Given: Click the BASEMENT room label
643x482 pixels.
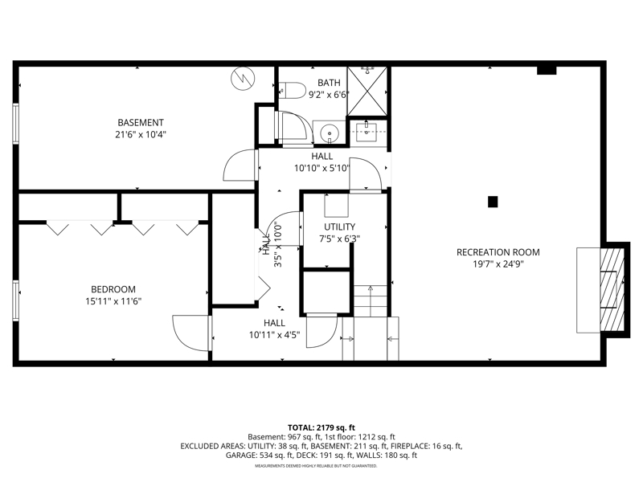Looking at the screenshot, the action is coord(140,123).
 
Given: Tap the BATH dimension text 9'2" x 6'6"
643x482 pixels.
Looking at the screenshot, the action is coord(329,95).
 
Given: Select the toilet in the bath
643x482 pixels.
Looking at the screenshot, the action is coord(293,90).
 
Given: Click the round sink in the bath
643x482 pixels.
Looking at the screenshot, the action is coord(330,133).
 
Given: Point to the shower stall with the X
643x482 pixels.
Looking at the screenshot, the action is coord(367,91).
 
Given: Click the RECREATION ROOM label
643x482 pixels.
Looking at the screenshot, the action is coord(498,252).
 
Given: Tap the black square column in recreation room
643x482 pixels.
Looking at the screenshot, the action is coord(493,202).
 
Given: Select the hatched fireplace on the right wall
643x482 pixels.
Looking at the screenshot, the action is coord(612,290).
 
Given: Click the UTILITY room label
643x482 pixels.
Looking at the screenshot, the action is coord(339,227).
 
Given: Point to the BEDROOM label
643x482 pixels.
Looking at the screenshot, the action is coord(113,289).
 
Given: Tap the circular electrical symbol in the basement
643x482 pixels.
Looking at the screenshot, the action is coord(243,78).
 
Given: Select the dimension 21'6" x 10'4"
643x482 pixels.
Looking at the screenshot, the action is coord(140,134).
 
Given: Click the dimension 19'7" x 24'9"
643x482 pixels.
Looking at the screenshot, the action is coord(498,264).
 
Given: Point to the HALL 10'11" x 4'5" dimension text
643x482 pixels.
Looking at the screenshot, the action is coord(274,335).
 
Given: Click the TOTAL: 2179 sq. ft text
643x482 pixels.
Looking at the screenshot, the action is coord(321,428).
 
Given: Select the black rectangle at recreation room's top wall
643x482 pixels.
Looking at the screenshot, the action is coord(547,70).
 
